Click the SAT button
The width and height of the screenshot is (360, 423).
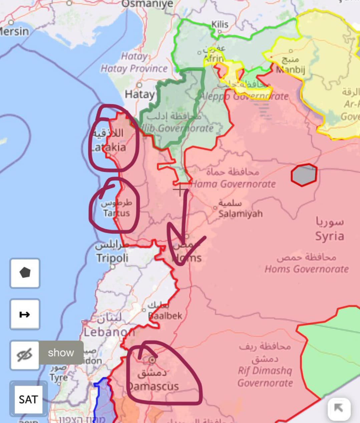coord(28,399)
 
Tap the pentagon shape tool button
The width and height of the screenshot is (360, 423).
coord(25,273)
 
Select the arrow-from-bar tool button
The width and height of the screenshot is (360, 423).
coord(25,314)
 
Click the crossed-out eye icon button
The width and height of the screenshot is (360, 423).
coord(25,355)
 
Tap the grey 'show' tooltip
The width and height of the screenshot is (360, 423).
coord(61,353)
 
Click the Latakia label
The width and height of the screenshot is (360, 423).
coord(109,147)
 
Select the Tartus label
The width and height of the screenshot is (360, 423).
coord(116,213)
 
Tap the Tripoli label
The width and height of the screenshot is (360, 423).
coord(112,258)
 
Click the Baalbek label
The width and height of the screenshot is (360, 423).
coord(165,315)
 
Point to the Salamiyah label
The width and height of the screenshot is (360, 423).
coord(241,213)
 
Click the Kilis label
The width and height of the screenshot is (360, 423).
coord(220,24)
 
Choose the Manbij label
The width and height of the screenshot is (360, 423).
coord(290,70)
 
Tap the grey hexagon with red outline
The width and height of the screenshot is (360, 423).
coord(304,175)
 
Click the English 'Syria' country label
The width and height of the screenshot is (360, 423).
coord(329,236)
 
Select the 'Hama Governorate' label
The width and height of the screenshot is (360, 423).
coord(234,184)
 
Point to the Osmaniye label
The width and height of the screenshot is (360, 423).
coord(147,4)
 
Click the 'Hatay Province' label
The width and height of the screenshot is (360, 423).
coord(134,69)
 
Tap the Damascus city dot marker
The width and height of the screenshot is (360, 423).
coord(152,360)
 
